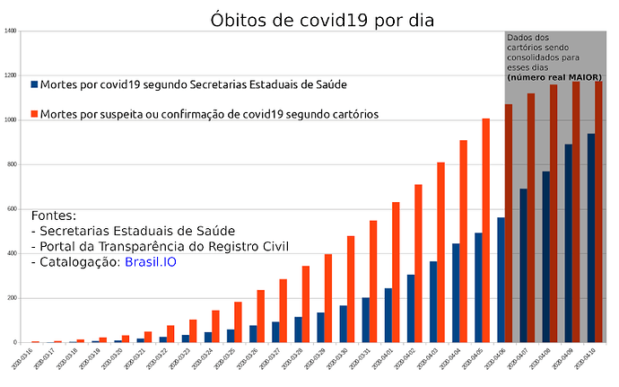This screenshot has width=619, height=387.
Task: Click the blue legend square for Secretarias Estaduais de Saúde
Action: click(x=34, y=84)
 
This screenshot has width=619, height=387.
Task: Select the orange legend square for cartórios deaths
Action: click(x=34, y=114)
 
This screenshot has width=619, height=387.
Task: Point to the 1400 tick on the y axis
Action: click(x=10, y=31)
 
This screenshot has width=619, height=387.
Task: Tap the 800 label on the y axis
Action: click(x=11, y=164)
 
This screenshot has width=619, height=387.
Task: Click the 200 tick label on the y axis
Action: click(x=11, y=298)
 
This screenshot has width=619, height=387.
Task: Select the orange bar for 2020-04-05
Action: click(x=485, y=231)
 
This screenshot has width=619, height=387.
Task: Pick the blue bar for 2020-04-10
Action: click(x=590, y=238)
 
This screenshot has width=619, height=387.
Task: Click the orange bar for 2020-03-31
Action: click(x=373, y=281)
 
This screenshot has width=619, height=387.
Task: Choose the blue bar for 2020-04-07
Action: click(x=523, y=266)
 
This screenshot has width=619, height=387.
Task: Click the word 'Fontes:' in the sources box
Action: click(x=53, y=216)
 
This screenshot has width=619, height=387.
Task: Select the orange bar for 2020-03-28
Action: click(x=305, y=304)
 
